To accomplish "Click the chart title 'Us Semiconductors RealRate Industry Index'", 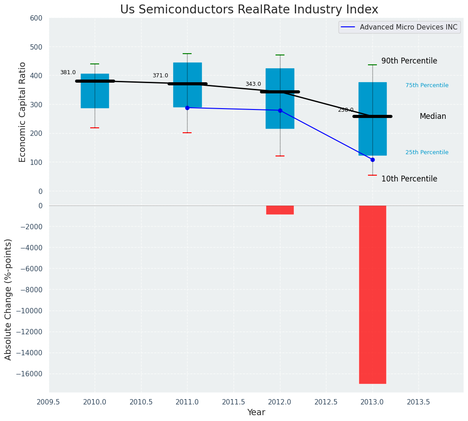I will point(249,10).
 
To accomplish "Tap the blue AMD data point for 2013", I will point(372,160).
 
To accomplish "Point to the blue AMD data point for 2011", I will point(187,108).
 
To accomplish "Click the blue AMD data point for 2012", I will point(280,110).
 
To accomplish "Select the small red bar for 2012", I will point(280,210).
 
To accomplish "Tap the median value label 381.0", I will point(68,72).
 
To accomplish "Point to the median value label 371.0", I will point(160,76).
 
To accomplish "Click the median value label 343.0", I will point(253,84).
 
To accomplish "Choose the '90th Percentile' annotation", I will point(409,61).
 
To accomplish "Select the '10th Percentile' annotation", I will point(409,179).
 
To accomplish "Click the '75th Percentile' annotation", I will point(427,85).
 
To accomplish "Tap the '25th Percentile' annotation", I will point(427,152).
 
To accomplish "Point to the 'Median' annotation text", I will point(433,116).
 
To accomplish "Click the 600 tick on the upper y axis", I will point(36,18).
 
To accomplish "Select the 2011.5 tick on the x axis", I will point(234,402).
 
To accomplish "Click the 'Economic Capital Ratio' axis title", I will point(23,112).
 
